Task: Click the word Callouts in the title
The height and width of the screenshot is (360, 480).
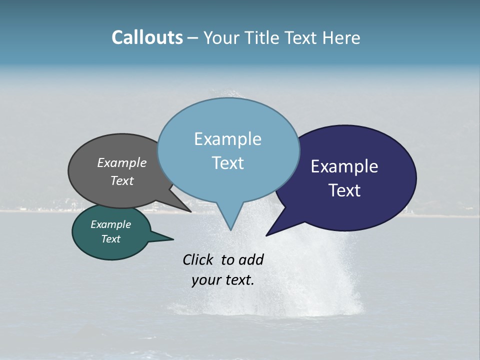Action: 147,37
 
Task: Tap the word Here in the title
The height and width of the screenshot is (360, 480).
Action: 341,37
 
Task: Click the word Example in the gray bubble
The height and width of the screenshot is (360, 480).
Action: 122,162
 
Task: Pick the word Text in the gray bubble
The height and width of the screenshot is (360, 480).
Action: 122,180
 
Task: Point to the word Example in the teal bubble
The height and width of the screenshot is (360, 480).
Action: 111,224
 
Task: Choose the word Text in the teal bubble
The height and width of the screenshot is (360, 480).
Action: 111,239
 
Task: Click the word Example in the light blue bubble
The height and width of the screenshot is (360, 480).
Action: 228,139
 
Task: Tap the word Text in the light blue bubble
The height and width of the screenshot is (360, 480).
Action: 228,163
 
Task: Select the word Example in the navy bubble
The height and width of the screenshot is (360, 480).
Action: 344,166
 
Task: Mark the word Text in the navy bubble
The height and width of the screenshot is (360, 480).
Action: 344,190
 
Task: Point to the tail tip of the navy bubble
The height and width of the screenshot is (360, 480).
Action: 267,234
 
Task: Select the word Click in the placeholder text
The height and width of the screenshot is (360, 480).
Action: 198,259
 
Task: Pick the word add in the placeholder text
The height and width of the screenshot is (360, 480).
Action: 251,259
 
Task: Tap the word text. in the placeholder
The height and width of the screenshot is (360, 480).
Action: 238,280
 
